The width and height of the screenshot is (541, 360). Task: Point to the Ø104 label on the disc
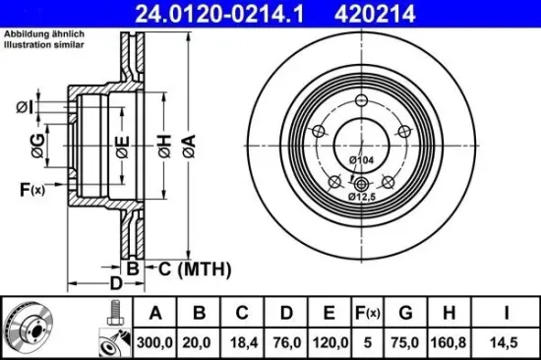tap(361, 159)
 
